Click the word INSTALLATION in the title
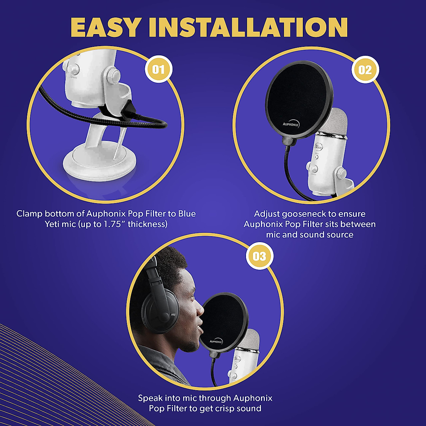(x=248, y=27)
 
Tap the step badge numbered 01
(x=159, y=69)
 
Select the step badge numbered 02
(x=365, y=70)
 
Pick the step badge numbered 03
(x=260, y=256)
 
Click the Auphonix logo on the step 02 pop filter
(x=291, y=124)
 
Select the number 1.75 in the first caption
(x=113, y=224)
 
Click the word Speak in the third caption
(x=149, y=398)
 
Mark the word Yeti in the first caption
(x=53, y=224)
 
